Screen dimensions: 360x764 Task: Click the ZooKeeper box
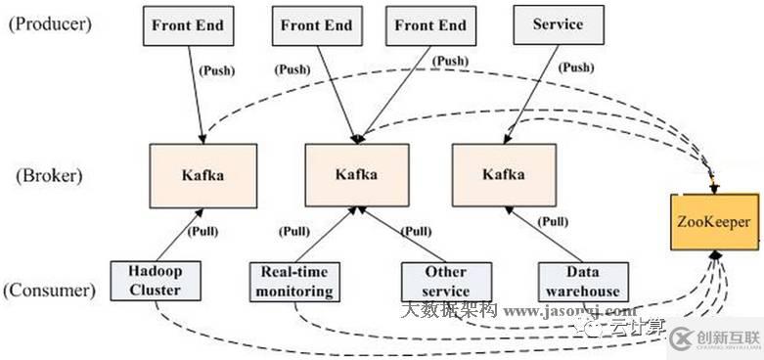tap(717, 222)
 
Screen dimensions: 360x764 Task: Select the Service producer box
tap(557, 24)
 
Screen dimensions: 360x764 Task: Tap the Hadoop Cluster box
tap(155, 281)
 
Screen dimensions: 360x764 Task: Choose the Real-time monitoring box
tap(292, 281)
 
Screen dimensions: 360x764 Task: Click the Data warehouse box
tap(583, 281)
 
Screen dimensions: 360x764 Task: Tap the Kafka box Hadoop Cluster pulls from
tap(202, 174)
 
